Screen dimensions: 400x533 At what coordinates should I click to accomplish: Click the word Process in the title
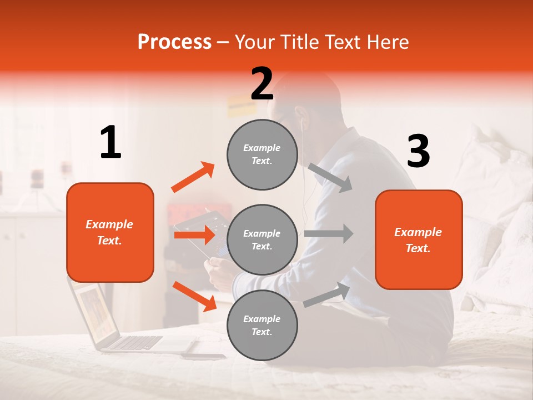click(x=174, y=42)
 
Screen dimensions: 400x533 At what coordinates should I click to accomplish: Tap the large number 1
click(x=110, y=143)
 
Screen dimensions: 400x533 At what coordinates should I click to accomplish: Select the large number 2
click(x=262, y=84)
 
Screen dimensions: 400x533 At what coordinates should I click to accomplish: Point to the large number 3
click(x=418, y=152)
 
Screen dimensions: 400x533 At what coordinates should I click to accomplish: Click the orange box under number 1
click(x=110, y=232)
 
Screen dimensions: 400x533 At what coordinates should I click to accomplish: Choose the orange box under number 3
click(x=419, y=239)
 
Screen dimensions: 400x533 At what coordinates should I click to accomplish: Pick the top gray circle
click(x=262, y=154)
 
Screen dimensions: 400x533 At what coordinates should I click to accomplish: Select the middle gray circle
click(x=262, y=239)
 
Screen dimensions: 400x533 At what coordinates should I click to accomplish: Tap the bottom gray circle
click(x=262, y=325)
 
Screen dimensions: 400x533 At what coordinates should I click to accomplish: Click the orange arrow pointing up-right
click(x=193, y=177)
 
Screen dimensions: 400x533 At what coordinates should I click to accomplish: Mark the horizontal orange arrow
click(x=194, y=235)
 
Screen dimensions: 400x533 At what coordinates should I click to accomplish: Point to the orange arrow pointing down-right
click(x=194, y=296)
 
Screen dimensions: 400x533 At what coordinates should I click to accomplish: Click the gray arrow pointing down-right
click(x=330, y=177)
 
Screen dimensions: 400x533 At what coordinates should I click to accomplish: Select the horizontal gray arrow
click(x=329, y=233)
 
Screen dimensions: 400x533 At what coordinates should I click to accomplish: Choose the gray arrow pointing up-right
click(x=327, y=295)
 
